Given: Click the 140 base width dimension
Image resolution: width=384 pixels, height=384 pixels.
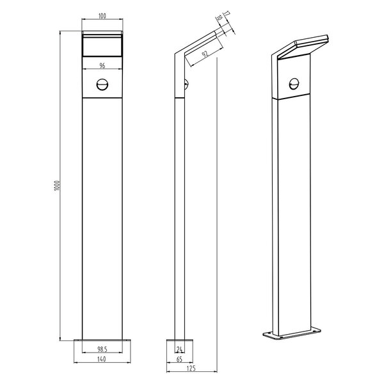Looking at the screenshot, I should pyautogui.click(x=102, y=360).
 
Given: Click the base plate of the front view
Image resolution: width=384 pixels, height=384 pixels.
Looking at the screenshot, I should pyautogui.click(x=102, y=340).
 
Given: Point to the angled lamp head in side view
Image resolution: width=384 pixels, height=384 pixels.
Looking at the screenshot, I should pyautogui.click(x=198, y=45).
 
